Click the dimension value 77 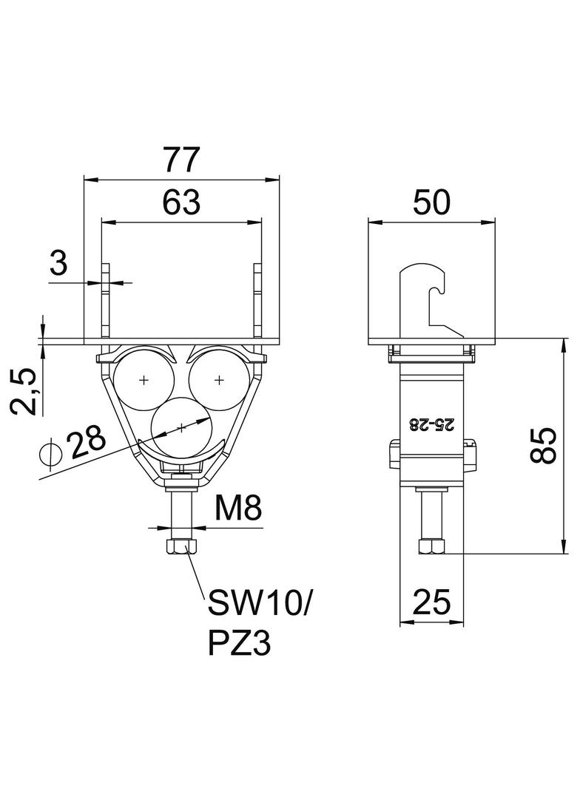[x=181, y=160]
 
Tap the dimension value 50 [x=431, y=203]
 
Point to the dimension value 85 [x=543, y=445]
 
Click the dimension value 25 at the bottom [x=431, y=602]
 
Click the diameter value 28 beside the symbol [x=87, y=443]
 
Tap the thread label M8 [x=238, y=509]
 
